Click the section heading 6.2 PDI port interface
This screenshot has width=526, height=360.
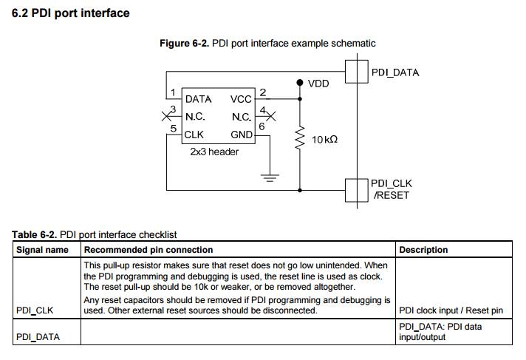pos(70,13)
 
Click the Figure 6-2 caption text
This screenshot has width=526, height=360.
pos(267,44)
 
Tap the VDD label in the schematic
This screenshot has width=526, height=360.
pos(318,84)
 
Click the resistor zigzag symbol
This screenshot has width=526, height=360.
pos(300,138)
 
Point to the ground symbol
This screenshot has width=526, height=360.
pos(270,177)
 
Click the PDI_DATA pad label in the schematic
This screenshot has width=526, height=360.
pos(394,72)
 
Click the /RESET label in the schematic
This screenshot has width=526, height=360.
pos(390,195)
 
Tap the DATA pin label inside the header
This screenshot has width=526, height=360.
pos(198,99)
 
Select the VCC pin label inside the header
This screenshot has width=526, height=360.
pos(241,99)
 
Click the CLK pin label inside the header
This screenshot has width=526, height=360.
pos(194,135)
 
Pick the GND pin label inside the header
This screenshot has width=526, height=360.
pos(242,135)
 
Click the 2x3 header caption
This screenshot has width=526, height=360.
pos(214,151)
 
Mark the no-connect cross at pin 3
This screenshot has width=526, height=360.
pos(166,116)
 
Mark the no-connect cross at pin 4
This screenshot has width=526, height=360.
pos(270,116)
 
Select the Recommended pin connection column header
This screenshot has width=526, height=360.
pos(148,250)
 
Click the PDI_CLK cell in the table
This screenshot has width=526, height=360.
pos(35,310)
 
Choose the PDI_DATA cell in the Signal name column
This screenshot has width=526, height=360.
pos(38,337)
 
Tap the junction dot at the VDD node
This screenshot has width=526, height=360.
pos(300,83)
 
